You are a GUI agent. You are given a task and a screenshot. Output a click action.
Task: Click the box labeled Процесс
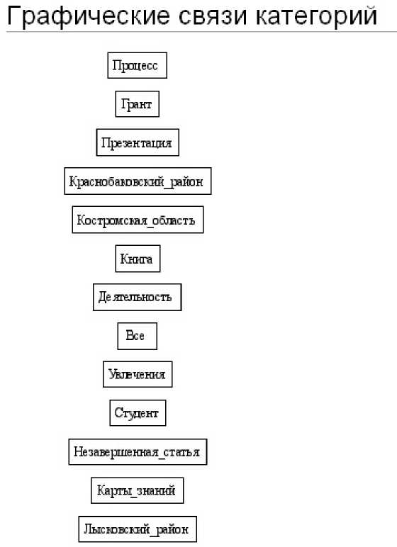click(x=138, y=65)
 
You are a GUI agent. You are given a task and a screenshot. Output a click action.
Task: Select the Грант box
click(x=138, y=104)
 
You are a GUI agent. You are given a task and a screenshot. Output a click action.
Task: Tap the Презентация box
click(x=138, y=142)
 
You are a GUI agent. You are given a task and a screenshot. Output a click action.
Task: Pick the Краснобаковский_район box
click(x=138, y=181)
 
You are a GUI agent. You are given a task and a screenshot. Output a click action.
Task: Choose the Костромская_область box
click(x=138, y=220)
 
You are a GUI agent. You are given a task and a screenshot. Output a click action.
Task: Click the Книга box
click(x=138, y=259)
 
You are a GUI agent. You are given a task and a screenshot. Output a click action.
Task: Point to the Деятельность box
click(x=138, y=297)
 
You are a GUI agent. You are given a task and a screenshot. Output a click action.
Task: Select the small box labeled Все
click(x=138, y=336)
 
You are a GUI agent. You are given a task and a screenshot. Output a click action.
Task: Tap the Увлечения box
click(x=138, y=374)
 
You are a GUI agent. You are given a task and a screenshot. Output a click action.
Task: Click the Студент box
click(x=138, y=413)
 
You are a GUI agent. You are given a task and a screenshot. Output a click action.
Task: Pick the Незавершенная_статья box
click(x=138, y=452)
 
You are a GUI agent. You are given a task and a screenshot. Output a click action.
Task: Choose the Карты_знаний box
click(x=138, y=490)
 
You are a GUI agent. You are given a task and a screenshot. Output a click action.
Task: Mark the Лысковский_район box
click(x=138, y=529)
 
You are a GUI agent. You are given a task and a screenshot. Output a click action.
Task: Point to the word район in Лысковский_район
click(x=172, y=529)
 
